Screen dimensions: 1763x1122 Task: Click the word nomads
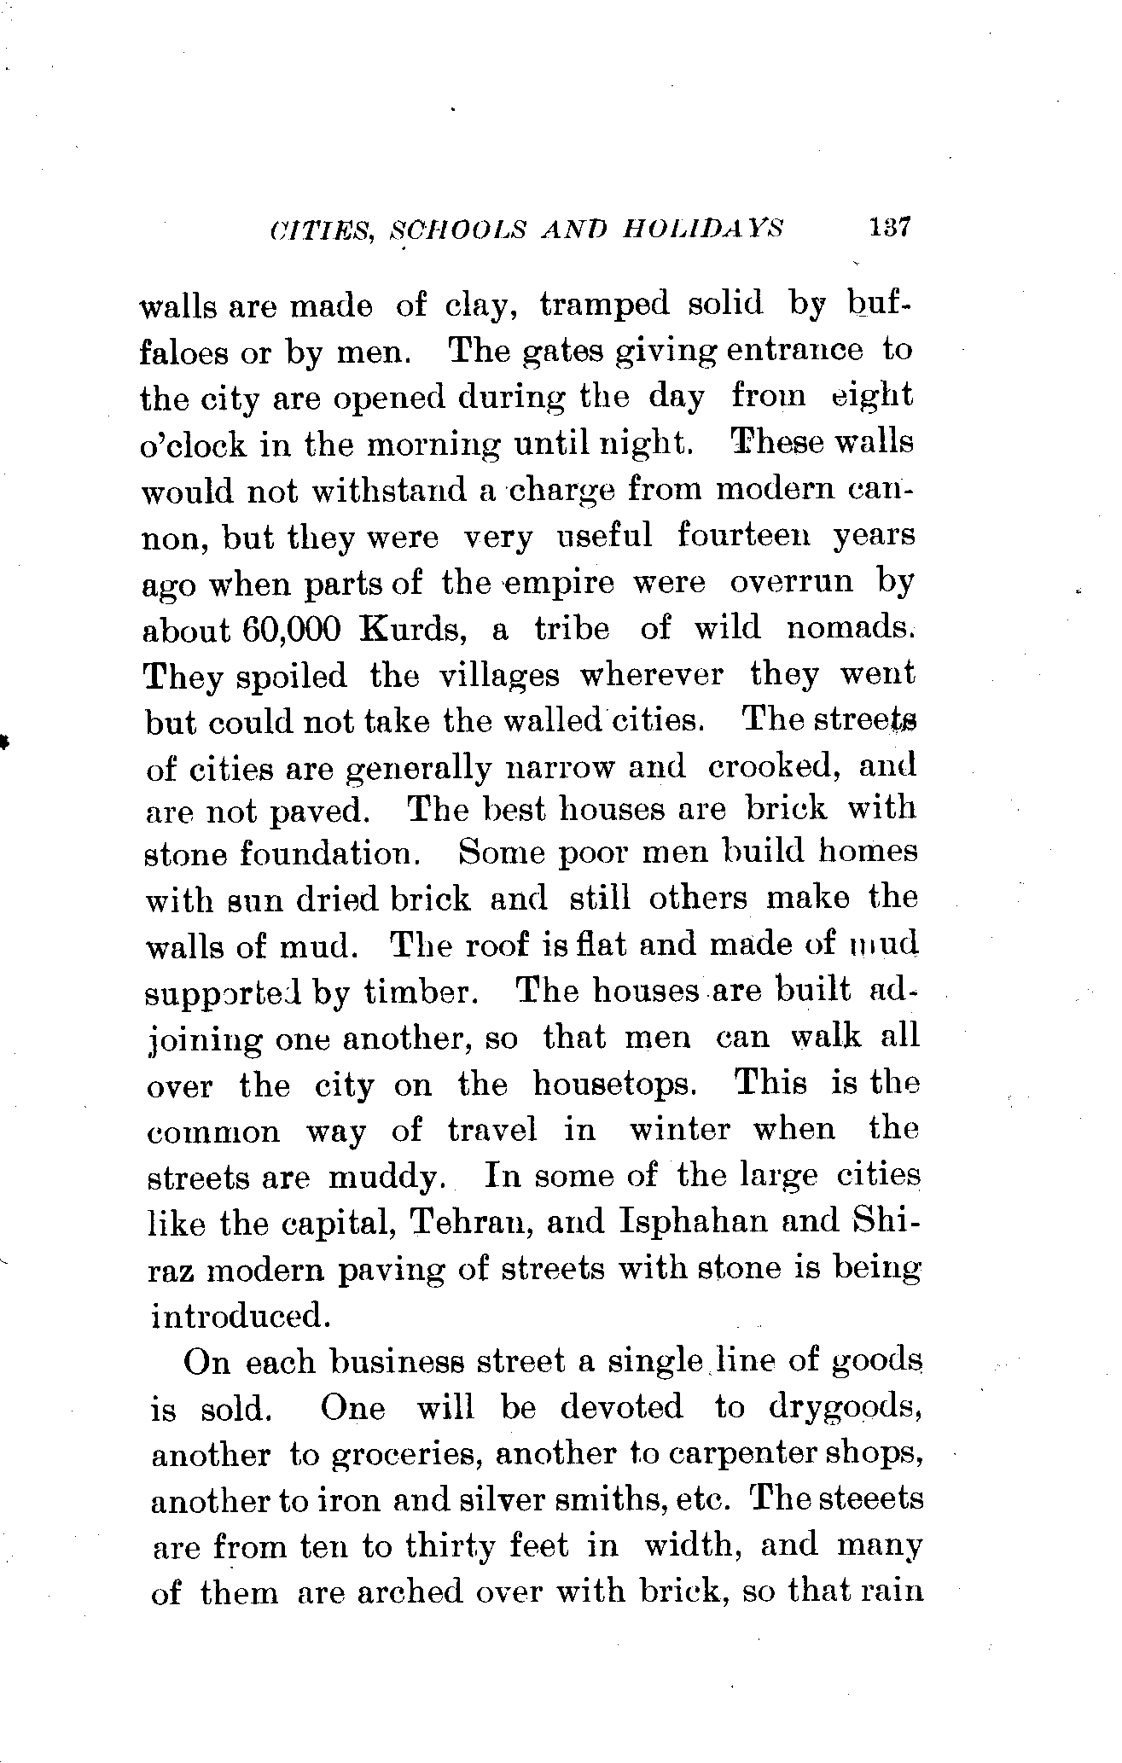tap(851, 628)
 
